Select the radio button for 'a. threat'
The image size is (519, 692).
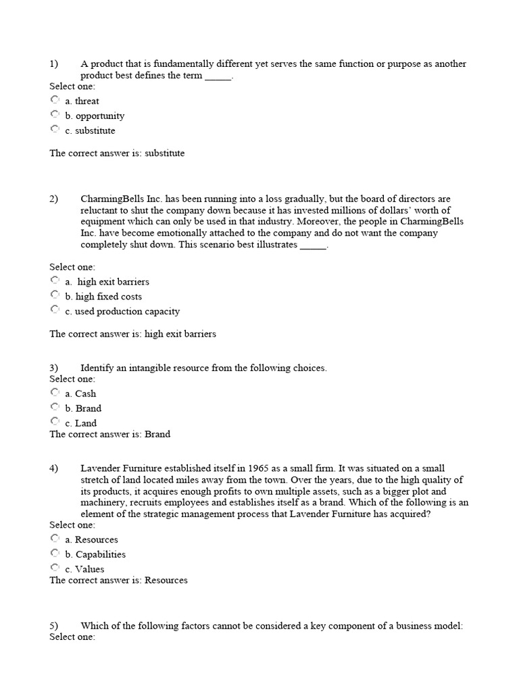55,99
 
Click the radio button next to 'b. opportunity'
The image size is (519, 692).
55,114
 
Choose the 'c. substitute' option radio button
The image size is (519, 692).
55,129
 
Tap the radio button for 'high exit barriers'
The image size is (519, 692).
55,280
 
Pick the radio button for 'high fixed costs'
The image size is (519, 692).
55,295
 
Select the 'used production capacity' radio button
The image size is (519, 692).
55,310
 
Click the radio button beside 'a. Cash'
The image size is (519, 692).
55,392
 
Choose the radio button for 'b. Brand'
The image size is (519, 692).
55,407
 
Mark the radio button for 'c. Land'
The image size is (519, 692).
55,422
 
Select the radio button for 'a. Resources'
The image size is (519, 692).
55,538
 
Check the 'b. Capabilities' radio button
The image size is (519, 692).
55,553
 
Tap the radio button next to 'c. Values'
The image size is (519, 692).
55,568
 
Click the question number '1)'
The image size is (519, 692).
54,64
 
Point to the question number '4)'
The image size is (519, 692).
54,468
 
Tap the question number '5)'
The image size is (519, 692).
54,626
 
